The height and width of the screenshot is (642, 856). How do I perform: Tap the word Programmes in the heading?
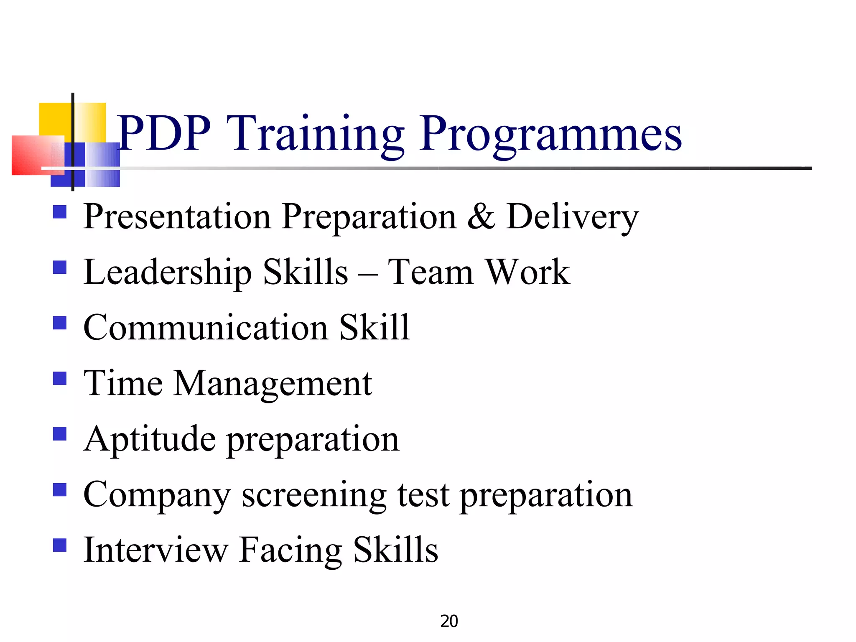550,135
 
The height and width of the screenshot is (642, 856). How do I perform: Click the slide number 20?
449,622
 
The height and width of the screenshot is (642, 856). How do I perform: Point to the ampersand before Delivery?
481,216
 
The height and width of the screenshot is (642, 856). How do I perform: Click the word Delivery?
572,217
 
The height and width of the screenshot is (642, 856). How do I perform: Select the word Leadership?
167,273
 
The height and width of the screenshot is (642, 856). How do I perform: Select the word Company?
157,496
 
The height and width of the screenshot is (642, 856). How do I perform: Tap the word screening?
314,496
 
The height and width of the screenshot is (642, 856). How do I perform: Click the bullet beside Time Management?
60,378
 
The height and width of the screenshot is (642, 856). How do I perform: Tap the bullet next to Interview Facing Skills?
60,545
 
